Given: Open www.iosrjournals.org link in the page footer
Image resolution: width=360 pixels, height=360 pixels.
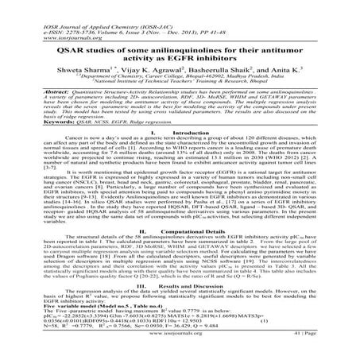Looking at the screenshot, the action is coord(180,344).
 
